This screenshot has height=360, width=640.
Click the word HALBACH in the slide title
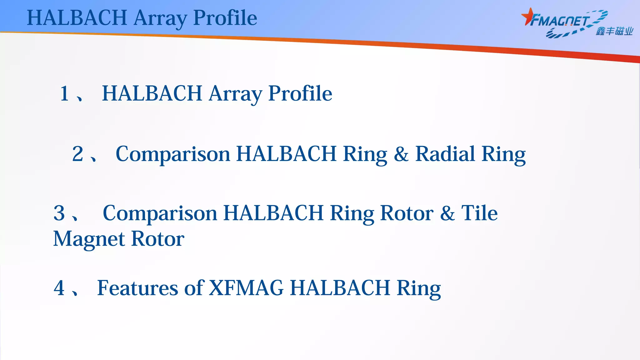click(77, 18)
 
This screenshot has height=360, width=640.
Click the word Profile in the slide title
click(225, 18)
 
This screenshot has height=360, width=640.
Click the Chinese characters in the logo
click(614, 32)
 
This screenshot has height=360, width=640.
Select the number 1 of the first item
click(65, 93)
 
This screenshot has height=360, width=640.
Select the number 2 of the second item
click(78, 154)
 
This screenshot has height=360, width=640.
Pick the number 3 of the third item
click(59, 213)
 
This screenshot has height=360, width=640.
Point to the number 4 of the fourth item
click(59, 288)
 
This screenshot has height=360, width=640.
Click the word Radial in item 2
click(445, 154)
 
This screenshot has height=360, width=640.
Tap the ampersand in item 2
click(401, 154)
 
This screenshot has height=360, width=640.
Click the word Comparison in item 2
click(173, 154)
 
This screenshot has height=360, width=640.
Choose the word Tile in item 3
click(479, 213)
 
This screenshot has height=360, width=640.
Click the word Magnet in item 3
click(89, 239)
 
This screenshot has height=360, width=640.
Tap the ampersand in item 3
click(447, 213)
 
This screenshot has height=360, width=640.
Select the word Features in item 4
click(137, 288)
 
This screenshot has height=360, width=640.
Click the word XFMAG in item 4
click(246, 288)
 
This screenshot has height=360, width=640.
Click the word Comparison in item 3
click(160, 213)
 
